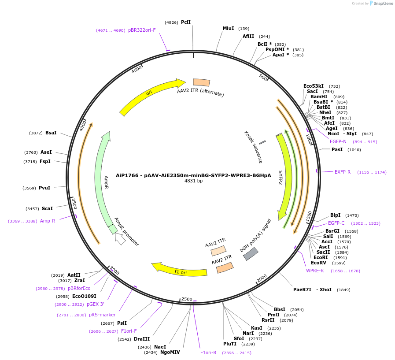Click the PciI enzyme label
[185, 22]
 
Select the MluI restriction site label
[228, 28]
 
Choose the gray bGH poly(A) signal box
[251, 253]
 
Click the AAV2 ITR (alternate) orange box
[202, 82]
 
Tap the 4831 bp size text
[193, 181]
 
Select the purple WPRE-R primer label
[315, 271]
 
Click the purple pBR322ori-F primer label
[142, 30]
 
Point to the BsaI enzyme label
[51, 133]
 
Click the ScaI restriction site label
[47, 208]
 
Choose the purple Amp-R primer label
[48, 221]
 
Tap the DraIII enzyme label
[142, 339]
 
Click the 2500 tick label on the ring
[187, 299]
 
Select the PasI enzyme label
[337, 149]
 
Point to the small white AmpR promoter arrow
[119, 239]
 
